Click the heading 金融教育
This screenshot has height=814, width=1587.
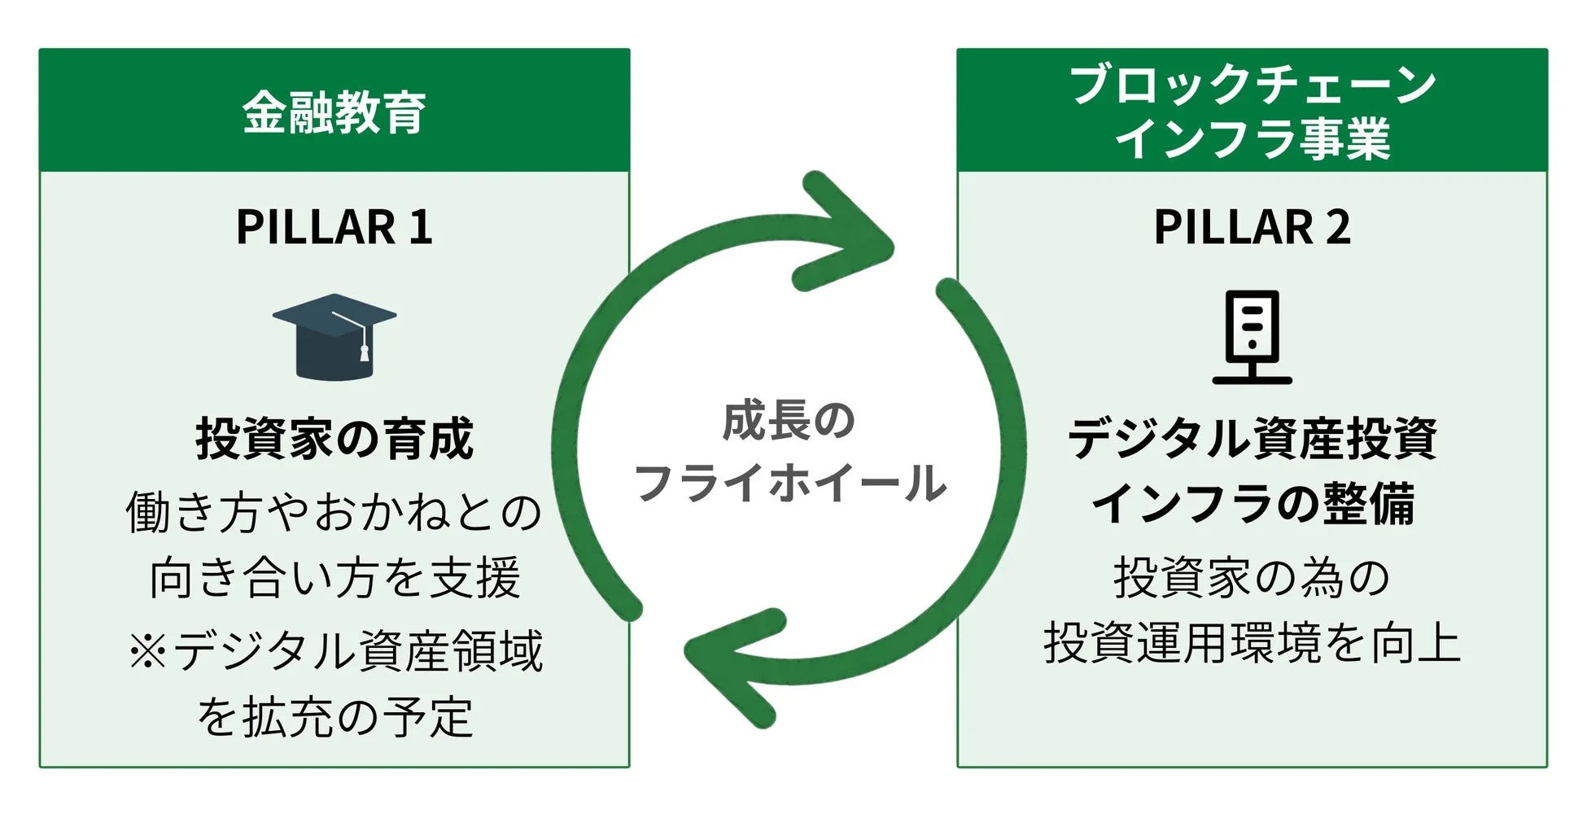(x=334, y=112)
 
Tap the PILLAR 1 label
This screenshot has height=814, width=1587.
(x=334, y=227)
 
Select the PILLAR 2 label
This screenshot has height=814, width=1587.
(x=1252, y=227)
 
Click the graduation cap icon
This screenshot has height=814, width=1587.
(x=334, y=336)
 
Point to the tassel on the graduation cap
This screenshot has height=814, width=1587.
(x=364, y=352)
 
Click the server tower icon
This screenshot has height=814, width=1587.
(x=1252, y=336)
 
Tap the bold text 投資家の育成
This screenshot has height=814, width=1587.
(x=334, y=440)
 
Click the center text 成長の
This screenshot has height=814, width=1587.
(x=788, y=422)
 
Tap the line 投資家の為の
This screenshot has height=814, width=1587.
(x=1252, y=578)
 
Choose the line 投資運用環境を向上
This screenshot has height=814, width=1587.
(x=1252, y=643)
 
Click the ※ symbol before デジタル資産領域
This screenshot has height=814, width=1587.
(x=147, y=651)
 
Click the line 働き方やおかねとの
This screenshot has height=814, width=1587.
(x=334, y=513)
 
